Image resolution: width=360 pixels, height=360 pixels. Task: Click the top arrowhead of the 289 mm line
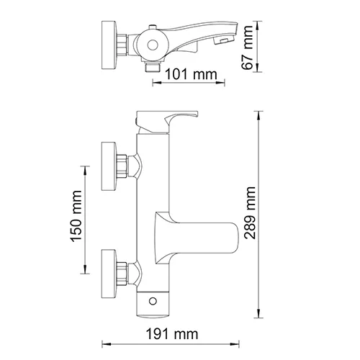pyautogui.click(x=260, y=112)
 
